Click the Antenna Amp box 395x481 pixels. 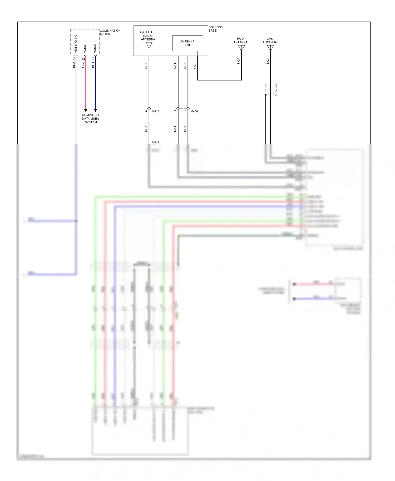pos(187,43)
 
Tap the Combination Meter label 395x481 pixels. pos(110,32)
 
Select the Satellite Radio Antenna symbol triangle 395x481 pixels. pos(149,45)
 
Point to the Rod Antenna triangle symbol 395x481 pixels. pos(241,48)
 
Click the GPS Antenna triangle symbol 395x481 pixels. pos(270,48)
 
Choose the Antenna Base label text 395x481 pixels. pos(215,29)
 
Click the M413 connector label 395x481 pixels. pos(155,111)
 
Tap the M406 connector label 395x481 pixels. pos(194,111)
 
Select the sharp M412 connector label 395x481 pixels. pos(155,142)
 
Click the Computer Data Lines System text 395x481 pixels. pos(90,119)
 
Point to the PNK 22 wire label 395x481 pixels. pos(83,63)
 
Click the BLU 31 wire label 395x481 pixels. pos(74,63)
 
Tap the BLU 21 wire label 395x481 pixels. pos(93,63)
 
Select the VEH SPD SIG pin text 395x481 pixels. pos(76,44)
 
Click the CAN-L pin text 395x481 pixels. pos(85,48)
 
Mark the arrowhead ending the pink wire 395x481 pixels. pos(86,111)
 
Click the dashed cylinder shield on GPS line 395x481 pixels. pos(271,89)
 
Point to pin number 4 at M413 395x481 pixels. pos(146,111)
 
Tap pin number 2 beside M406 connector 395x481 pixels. pos(175,111)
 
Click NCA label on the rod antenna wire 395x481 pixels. pos(238,61)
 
